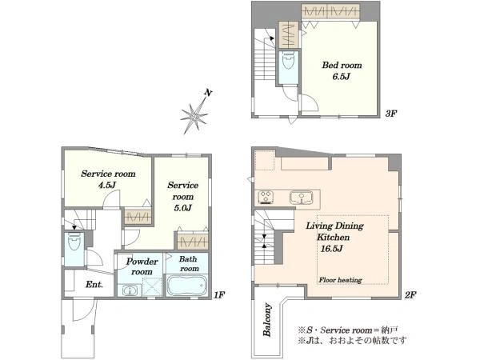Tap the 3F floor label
click(391, 114)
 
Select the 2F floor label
click(410, 295)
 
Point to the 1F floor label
click(219, 295)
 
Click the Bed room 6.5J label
click(342, 70)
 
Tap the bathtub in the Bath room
click(186, 286)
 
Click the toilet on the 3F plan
click(288, 61)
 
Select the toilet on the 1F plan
click(74, 242)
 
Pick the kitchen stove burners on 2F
click(266, 197)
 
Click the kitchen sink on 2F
click(302, 198)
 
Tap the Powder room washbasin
click(130, 290)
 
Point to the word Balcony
click(267, 319)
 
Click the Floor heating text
click(340, 280)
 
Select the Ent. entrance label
click(94, 284)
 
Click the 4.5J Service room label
click(108, 179)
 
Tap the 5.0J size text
click(182, 208)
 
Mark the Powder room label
click(142, 266)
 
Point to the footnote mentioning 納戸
click(348, 330)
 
